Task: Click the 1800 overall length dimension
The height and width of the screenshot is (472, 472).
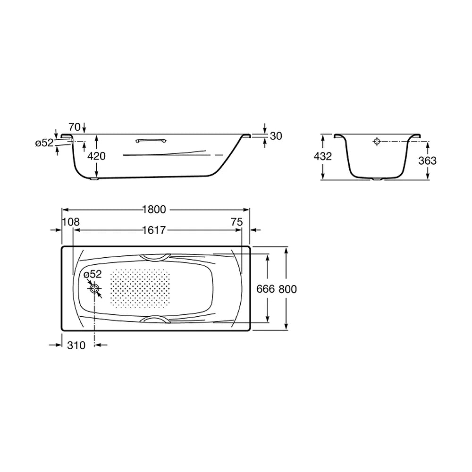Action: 154,210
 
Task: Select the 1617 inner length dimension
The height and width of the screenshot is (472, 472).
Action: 154,230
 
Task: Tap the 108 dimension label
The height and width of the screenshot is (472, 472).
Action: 71,222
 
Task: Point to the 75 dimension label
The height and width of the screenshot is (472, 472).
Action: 237,222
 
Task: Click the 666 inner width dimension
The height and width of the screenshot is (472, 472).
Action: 265,289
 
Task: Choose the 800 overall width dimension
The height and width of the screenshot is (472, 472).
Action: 288,289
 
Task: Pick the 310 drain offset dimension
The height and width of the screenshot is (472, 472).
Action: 76,346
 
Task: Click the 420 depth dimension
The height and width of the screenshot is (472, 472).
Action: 96,156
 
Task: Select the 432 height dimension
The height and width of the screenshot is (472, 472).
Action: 323,156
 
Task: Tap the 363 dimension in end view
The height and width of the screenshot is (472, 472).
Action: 428,161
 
